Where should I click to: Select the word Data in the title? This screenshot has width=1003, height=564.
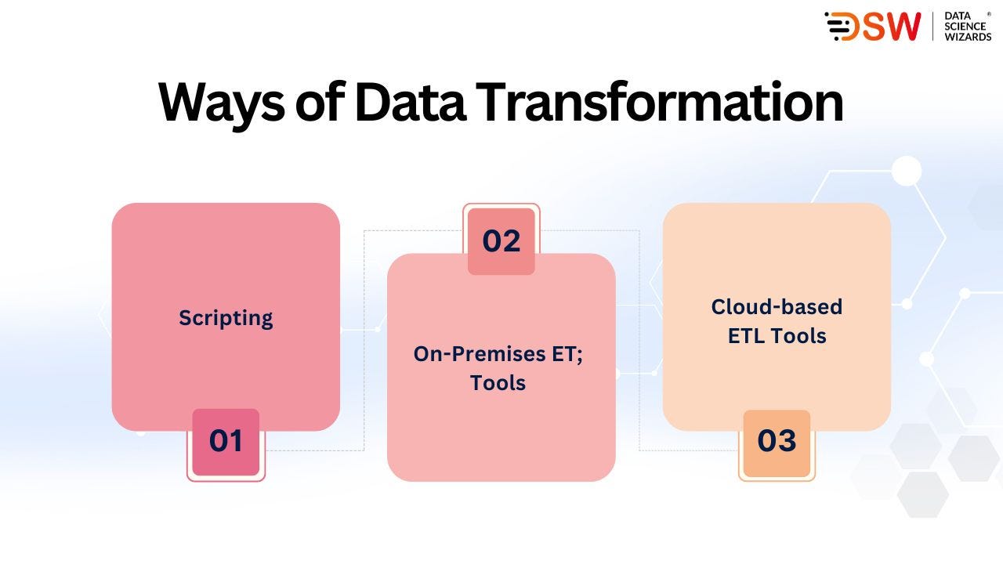[x=411, y=102]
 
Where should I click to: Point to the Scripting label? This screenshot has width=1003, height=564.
[x=226, y=319]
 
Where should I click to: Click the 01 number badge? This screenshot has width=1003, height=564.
[x=226, y=442]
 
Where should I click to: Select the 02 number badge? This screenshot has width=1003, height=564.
[x=501, y=241]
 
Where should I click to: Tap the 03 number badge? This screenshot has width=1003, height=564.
[x=777, y=443]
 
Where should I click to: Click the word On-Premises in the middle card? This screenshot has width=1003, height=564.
[x=480, y=354]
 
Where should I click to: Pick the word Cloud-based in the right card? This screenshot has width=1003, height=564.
[x=777, y=307]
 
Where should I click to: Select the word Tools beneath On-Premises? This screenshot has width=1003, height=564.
[x=498, y=383]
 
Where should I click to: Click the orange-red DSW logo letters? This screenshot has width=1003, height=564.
[x=872, y=27]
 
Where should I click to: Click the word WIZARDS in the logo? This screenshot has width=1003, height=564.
[x=968, y=37]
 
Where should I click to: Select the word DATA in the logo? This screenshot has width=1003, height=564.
[x=958, y=16]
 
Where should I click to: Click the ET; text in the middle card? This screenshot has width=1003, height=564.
[x=567, y=355]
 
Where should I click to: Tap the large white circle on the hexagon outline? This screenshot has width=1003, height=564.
[x=907, y=171]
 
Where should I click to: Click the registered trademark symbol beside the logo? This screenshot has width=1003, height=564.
[x=989, y=14]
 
